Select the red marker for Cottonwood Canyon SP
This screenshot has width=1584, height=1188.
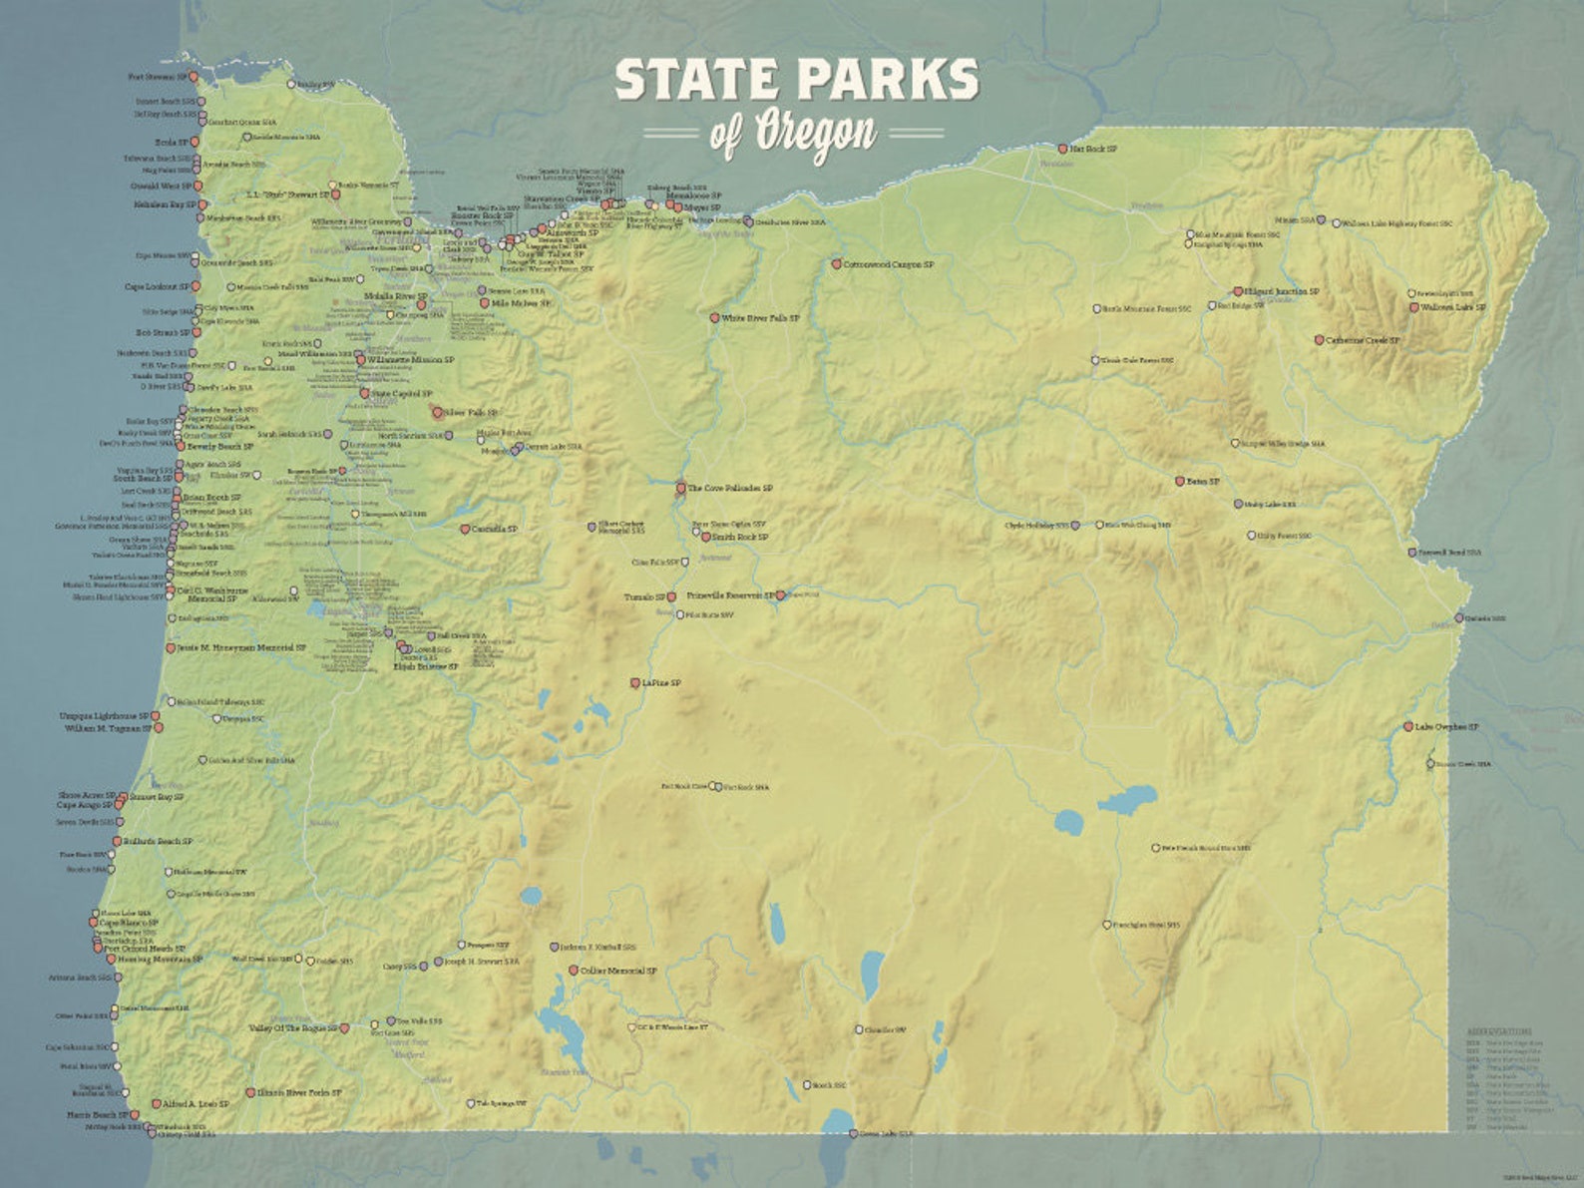tap(837, 265)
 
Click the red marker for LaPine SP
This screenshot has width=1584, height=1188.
tap(634, 684)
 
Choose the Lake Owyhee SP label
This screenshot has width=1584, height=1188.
tap(1447, 727)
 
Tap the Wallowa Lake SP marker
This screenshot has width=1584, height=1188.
tap(1413, 308)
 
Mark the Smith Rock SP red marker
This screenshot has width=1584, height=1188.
tap(706, 538)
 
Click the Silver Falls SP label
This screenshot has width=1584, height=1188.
tap(471, 412)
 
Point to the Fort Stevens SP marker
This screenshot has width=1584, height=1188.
tap(195, 77)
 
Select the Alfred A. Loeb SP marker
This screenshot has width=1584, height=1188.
tap(156, 1104)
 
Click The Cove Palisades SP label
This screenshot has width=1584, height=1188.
tap(730, 489)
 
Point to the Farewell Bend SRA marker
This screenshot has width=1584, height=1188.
tap(1411, 553)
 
